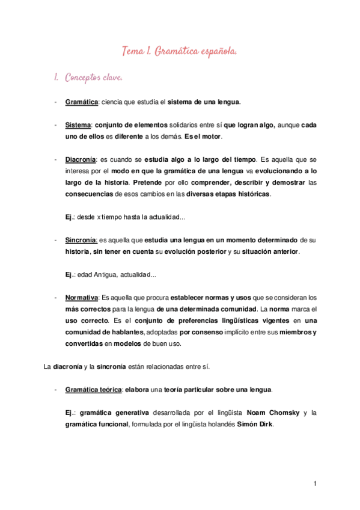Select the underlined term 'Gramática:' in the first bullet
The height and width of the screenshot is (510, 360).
pyautogui.click(x=82, y=102)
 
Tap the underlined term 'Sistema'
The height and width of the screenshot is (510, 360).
pyautogui.click(x=78, y=125)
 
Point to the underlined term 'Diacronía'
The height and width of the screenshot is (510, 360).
pyautogui.click(x=80, y=160)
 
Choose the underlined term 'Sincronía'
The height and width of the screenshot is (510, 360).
pyautogui.click(x=81, y=240)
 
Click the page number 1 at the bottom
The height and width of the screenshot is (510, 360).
pyautogui.click(x=315, y=484)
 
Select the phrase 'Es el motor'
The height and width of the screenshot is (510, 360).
pyautogui.click(x=204, y=137)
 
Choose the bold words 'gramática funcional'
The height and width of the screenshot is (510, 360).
pyautogui.click(x=96, y=425)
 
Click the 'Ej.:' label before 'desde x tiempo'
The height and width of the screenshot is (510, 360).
pyautogui.click(x=70, y=217)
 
